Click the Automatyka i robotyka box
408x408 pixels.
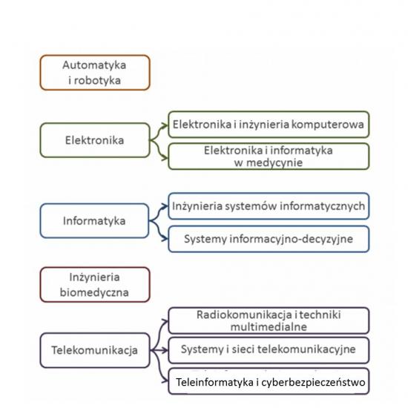click(x=95, y=73)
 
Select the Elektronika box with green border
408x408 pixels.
click(x=95, y=140)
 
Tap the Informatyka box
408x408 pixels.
click(x=94, y=221)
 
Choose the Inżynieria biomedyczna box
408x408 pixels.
click(x=95, y=285)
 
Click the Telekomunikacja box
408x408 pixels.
click(x=95, y=350)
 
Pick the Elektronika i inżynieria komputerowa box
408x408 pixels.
click(x=269, y=125)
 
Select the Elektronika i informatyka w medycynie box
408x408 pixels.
click(x=269, y=157)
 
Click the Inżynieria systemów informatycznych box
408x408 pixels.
click(x=269, y=206)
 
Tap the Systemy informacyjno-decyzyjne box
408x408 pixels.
click(x=269, y=239)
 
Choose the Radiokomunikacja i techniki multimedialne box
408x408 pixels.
click(x=269, y=320)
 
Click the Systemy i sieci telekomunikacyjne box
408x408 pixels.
click(x=269, y=350)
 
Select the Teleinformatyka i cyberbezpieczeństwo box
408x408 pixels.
click(x=269, y=381)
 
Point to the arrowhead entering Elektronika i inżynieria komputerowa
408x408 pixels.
click(x=165, y=126)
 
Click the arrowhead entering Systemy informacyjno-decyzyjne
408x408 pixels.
click(x=165, y=238)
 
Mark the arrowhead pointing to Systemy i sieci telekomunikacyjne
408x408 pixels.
click(x=165, y=350)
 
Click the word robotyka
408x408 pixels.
click(x=97, y=80)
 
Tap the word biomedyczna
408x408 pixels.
click(x=94, y=292)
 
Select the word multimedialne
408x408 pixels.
click(x=269, y=327)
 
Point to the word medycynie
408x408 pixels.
click(x=274, y=163)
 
